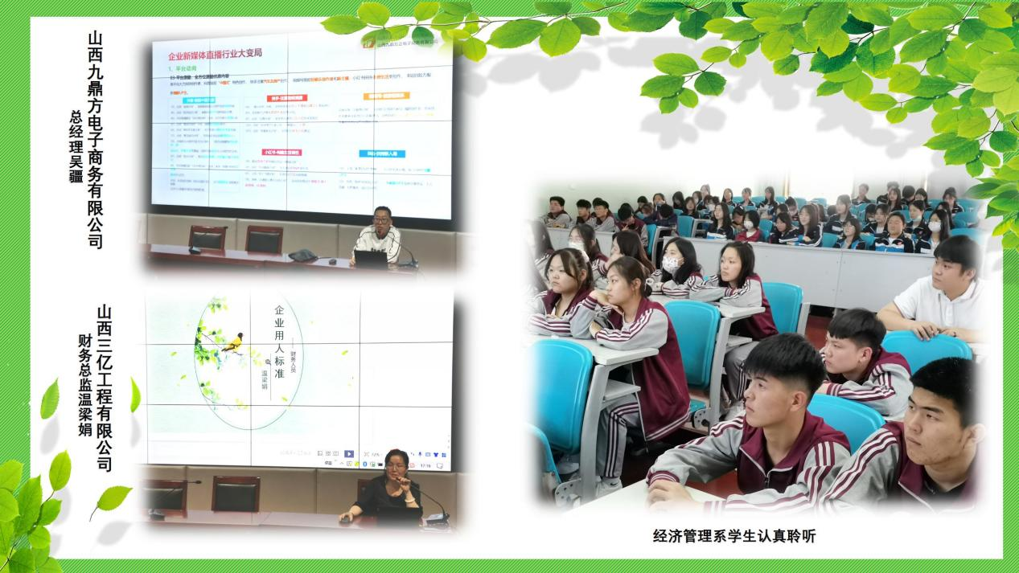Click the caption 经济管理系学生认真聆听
(733, 536)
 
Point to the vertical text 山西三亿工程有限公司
(104, 387)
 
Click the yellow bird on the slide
(232, 344)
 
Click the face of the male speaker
(382, 219)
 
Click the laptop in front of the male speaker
(372, 259)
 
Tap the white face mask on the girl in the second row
(670, 264)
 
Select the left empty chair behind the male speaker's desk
(207, 239)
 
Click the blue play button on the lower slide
(349, 454)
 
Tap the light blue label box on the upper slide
(382, 153)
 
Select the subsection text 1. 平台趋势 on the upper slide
(185, 71)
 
